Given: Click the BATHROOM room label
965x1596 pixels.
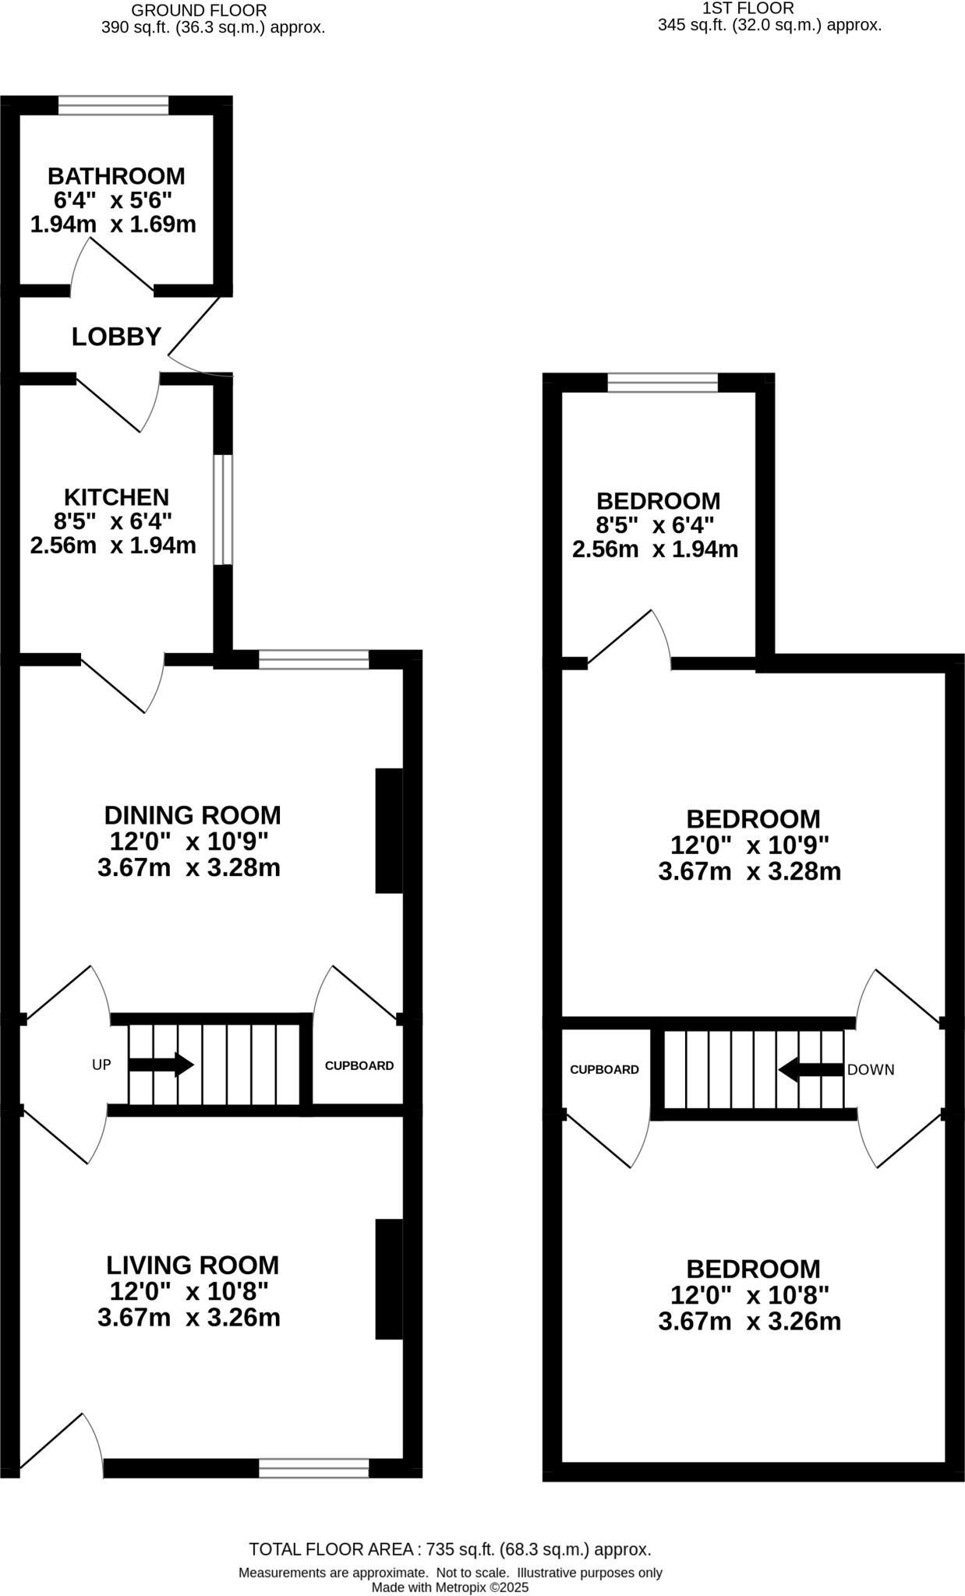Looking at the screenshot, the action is tap(116, 175).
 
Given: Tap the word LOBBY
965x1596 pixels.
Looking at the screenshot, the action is tap(116, 337).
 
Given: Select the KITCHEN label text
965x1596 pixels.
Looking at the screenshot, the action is tap(116, 496).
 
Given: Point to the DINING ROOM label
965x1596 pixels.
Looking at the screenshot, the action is tap(193, 815).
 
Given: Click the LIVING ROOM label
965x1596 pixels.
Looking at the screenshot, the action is tap(193, 1265).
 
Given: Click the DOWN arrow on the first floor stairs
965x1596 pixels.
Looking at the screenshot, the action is tap(811, 1069).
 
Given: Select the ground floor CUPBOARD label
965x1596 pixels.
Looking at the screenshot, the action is tap(359, 1065).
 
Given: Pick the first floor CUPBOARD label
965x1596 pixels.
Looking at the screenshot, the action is tap(605, 1070).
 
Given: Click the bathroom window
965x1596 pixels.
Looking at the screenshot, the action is tap(114, 105).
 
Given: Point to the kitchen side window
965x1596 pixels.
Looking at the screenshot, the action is tap(223, 510).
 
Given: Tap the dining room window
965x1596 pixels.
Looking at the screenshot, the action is tap(314, 659).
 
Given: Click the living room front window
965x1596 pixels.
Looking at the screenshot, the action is tap(314, 1468).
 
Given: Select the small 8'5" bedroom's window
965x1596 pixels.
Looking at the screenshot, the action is tap(663, 383).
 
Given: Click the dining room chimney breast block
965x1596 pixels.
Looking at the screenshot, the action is tap(389, 831).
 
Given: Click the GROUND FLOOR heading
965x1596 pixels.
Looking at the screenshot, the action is tap(199, 11).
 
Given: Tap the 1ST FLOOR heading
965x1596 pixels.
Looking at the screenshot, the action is tap(748, 9).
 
